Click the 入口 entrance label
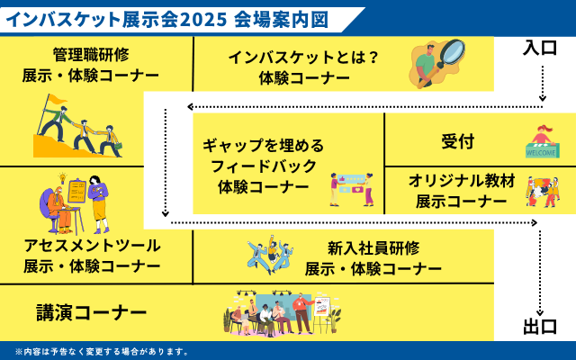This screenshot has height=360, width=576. tap(540, 48)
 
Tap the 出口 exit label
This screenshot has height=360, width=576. tap(540, 327)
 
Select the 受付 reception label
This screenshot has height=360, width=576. tap(458, 141)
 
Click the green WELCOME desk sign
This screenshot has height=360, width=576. tap(541, 152)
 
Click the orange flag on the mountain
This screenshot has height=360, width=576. tap(57, 99)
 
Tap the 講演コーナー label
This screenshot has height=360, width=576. tap(92, 313)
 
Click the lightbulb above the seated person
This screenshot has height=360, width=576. tap(62, 178)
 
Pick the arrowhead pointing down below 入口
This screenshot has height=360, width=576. tap(542, 98)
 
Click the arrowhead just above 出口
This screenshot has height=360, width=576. tap(540, 312)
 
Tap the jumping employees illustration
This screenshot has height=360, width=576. tap(270, 254)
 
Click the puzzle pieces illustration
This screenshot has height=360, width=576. tap(543, 192)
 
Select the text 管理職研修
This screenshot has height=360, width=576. tap(91, 55)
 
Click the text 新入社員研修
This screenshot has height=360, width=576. tap(373, 248)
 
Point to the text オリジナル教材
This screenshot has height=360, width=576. tap(462, 181)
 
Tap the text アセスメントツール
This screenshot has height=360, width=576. tap(92, 246)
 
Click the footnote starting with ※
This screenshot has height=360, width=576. tap(102, 352)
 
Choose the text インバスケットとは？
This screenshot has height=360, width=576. tap(303, 58)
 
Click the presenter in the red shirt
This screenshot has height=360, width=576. tap(301, 313)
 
